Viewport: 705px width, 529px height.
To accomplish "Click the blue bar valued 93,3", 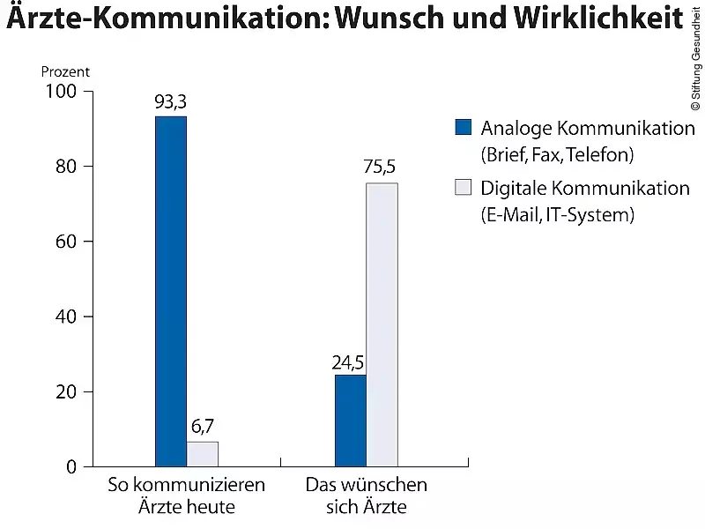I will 170,291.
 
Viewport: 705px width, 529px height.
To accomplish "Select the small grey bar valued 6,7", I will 202,453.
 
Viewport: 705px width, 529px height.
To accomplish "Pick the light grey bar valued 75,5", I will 382,324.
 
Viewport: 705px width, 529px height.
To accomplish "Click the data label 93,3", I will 170,102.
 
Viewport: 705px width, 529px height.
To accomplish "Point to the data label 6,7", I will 202,428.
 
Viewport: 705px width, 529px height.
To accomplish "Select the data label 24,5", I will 348,361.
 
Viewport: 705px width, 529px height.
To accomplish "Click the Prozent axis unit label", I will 65,72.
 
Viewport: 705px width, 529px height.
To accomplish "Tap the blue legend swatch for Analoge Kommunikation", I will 463,128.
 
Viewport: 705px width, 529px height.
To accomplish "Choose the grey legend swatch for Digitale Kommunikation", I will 463,187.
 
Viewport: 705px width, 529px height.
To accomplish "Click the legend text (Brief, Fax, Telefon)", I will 557,155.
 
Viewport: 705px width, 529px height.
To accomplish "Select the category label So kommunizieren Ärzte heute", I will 186,495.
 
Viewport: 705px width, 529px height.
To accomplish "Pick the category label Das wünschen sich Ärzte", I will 366,495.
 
